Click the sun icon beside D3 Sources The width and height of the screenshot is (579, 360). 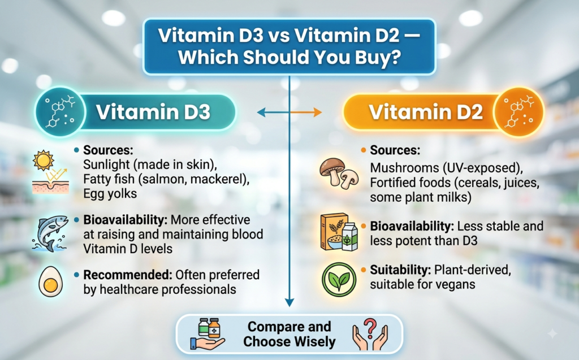coord(43,161)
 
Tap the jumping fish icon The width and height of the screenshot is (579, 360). coord(50,234)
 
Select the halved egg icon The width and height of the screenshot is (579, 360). coord(50,281)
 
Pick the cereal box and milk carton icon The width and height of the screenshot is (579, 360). coord(339,232)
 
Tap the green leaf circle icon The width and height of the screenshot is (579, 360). coord(339,280)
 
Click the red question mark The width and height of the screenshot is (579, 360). coord(370,327)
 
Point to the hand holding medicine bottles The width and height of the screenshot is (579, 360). coord(207,333)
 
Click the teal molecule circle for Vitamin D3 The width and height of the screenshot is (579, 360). coord(60,112)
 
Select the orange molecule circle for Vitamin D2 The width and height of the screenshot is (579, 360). coord(519,112)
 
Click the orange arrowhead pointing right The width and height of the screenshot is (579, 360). coord(317,112)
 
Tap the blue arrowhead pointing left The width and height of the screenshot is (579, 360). coord(261,112)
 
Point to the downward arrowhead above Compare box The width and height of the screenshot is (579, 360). coord(289,302)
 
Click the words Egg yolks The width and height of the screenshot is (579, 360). coord(110,194)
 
